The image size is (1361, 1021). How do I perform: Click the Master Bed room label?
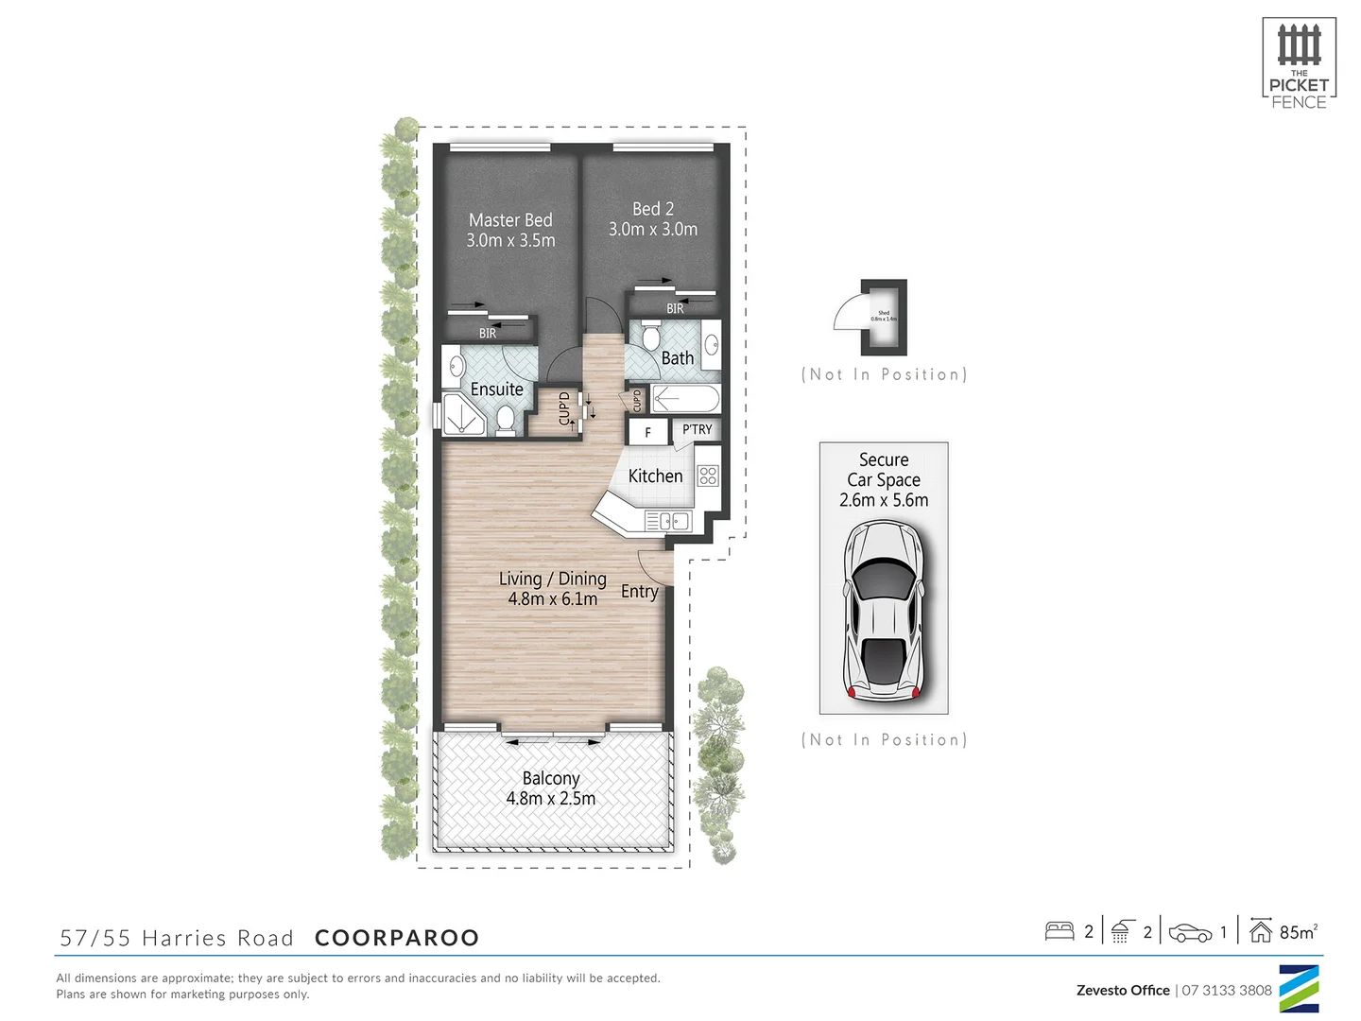click(510, 220)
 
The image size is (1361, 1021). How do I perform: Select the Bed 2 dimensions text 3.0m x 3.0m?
click(653, 230)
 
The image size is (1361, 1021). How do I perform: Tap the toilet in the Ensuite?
click(506, 420)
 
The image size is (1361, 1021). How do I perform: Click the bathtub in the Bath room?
click(685, 399)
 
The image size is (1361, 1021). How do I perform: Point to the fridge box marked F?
click(647, 432)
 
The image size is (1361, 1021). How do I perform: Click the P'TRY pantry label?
click(698, 430)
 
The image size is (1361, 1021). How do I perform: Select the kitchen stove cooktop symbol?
click(708, 476)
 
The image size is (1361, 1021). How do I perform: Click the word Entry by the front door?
click(639, 592)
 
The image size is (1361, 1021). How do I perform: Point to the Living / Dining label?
click(553, 579)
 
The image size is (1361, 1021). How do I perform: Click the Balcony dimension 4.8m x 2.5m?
click(551, 799)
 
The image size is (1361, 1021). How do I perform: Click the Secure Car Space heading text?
click(884, 470)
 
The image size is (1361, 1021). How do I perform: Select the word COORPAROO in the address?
click(397, 938)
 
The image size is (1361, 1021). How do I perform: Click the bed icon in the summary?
click(1060, 931)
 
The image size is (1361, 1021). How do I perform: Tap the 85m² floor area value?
click(1298, 932)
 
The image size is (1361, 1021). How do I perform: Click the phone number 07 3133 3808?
click(1227, 990)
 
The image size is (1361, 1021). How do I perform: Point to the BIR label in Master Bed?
click(488, 334)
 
